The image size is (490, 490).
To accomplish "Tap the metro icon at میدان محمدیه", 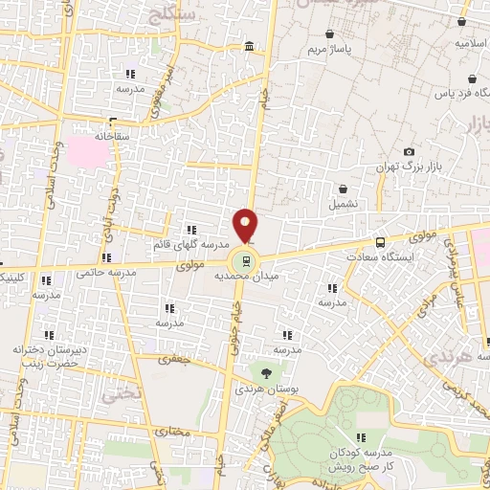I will (247, 259).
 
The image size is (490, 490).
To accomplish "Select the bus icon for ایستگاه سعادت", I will (381, 243).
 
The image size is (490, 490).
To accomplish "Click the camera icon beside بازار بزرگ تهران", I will (410, 151).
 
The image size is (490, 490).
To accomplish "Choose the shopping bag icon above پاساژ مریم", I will (330, 33).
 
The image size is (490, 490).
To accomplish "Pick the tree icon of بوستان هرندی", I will (265, 372).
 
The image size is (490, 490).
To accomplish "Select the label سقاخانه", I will (112, 137).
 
